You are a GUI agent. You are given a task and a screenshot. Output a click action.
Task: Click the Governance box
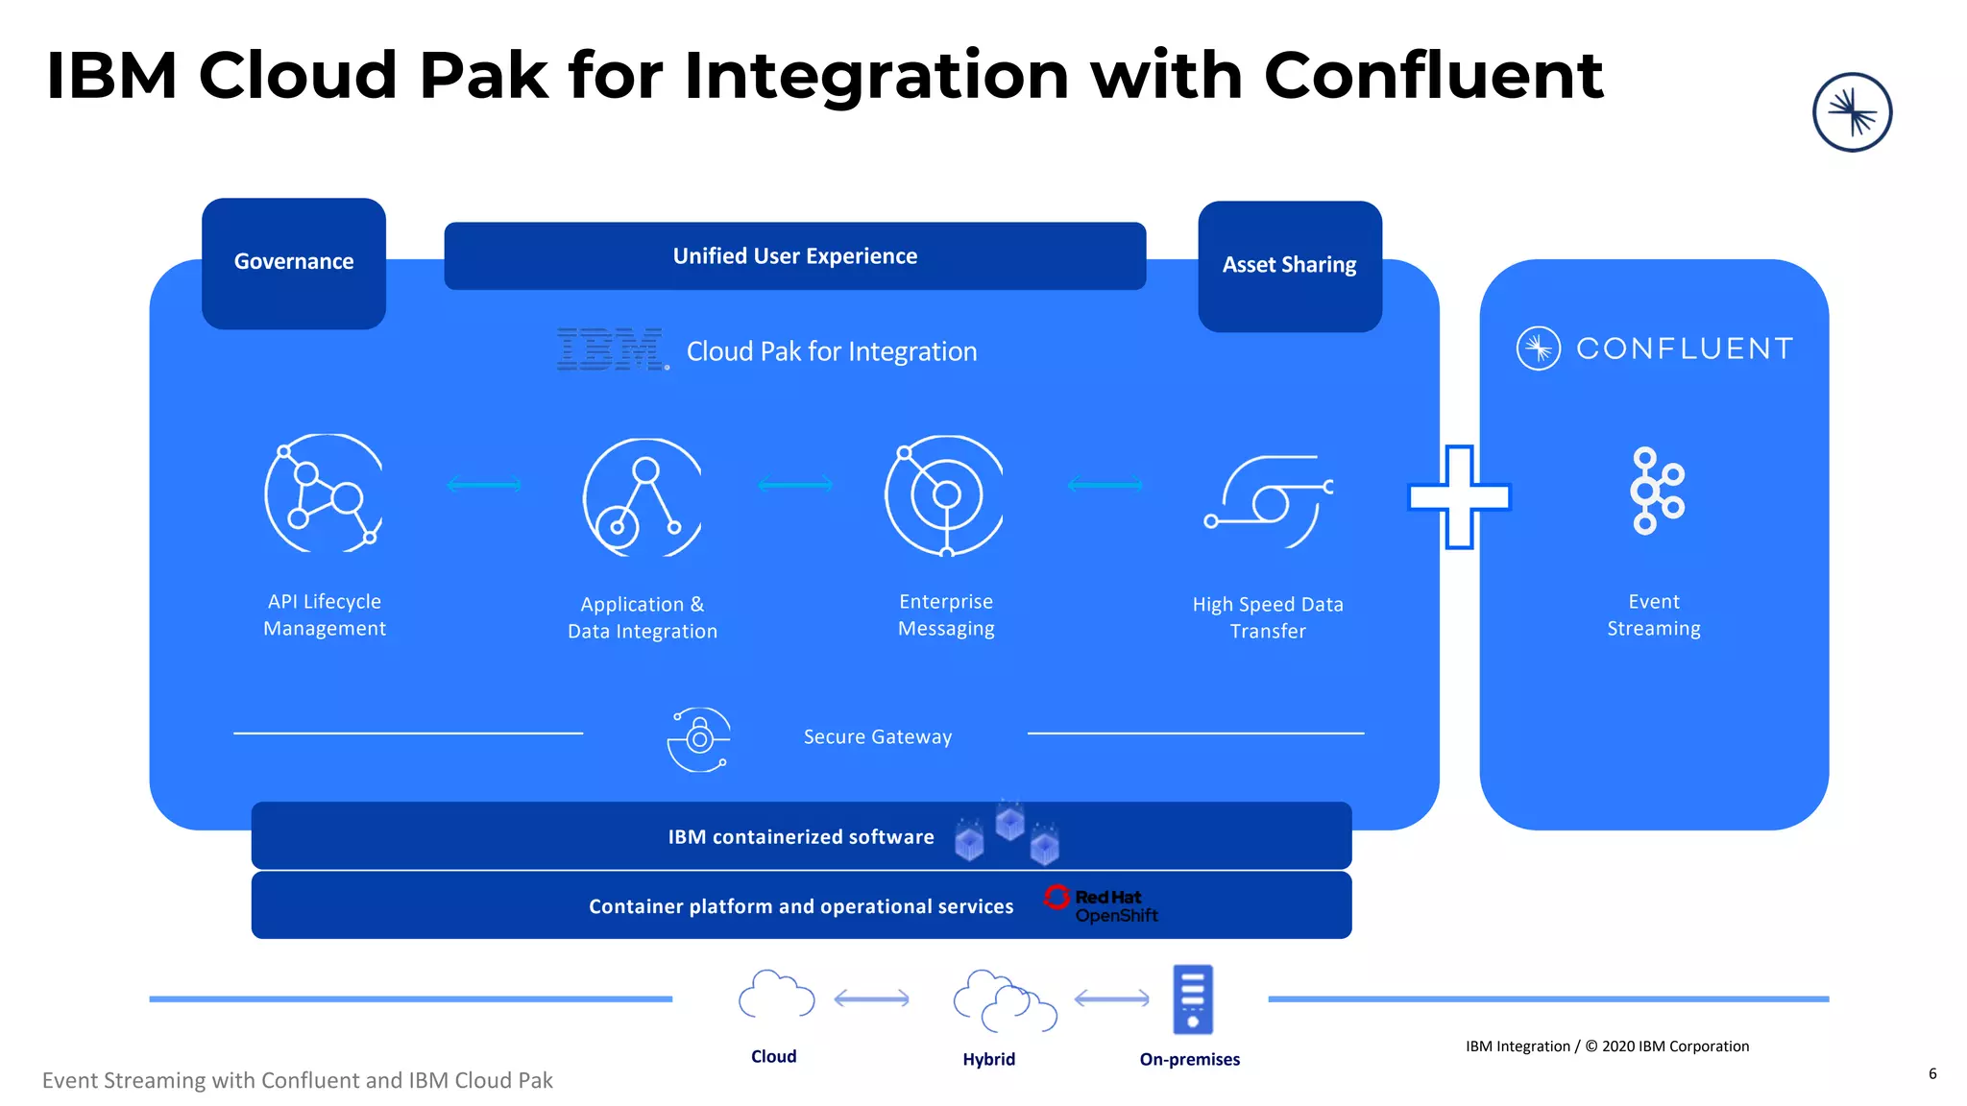pos(294,263)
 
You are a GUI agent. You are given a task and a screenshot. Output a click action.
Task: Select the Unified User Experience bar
pos(794,256)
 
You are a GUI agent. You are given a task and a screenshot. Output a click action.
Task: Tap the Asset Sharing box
pos(1290,266)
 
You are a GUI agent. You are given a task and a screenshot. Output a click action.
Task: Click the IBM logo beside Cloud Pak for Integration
pos(612,349)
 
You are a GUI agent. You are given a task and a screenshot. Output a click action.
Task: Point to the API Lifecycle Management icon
pos(324,493)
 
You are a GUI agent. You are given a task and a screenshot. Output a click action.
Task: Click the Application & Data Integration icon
pos(643,497)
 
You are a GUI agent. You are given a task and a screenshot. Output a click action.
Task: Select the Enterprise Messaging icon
pos(944,495)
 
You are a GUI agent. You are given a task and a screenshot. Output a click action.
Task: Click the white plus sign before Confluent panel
pos(1459,497)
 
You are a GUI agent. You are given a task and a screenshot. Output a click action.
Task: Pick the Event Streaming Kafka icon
pos(1655,491)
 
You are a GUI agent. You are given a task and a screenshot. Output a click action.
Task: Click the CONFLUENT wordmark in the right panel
pos(1684,349)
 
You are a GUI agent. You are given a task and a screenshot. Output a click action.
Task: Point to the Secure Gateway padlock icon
pos(699,738)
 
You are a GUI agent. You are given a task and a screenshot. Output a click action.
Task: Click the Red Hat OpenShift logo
pos(1102,904)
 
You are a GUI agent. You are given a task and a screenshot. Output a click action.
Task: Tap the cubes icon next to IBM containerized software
pos(1008,832)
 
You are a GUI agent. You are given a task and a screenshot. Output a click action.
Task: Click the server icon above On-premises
pos(1193,998)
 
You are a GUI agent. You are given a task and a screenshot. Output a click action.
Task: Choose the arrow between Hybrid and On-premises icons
pos(1111,999)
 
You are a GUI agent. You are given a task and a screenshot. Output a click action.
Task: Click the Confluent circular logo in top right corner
pos(1852,112)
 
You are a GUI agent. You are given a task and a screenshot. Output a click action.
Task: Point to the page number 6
pos(1932,1073)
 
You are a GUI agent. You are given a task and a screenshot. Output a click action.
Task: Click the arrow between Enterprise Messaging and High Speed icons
pos(1105,485)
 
